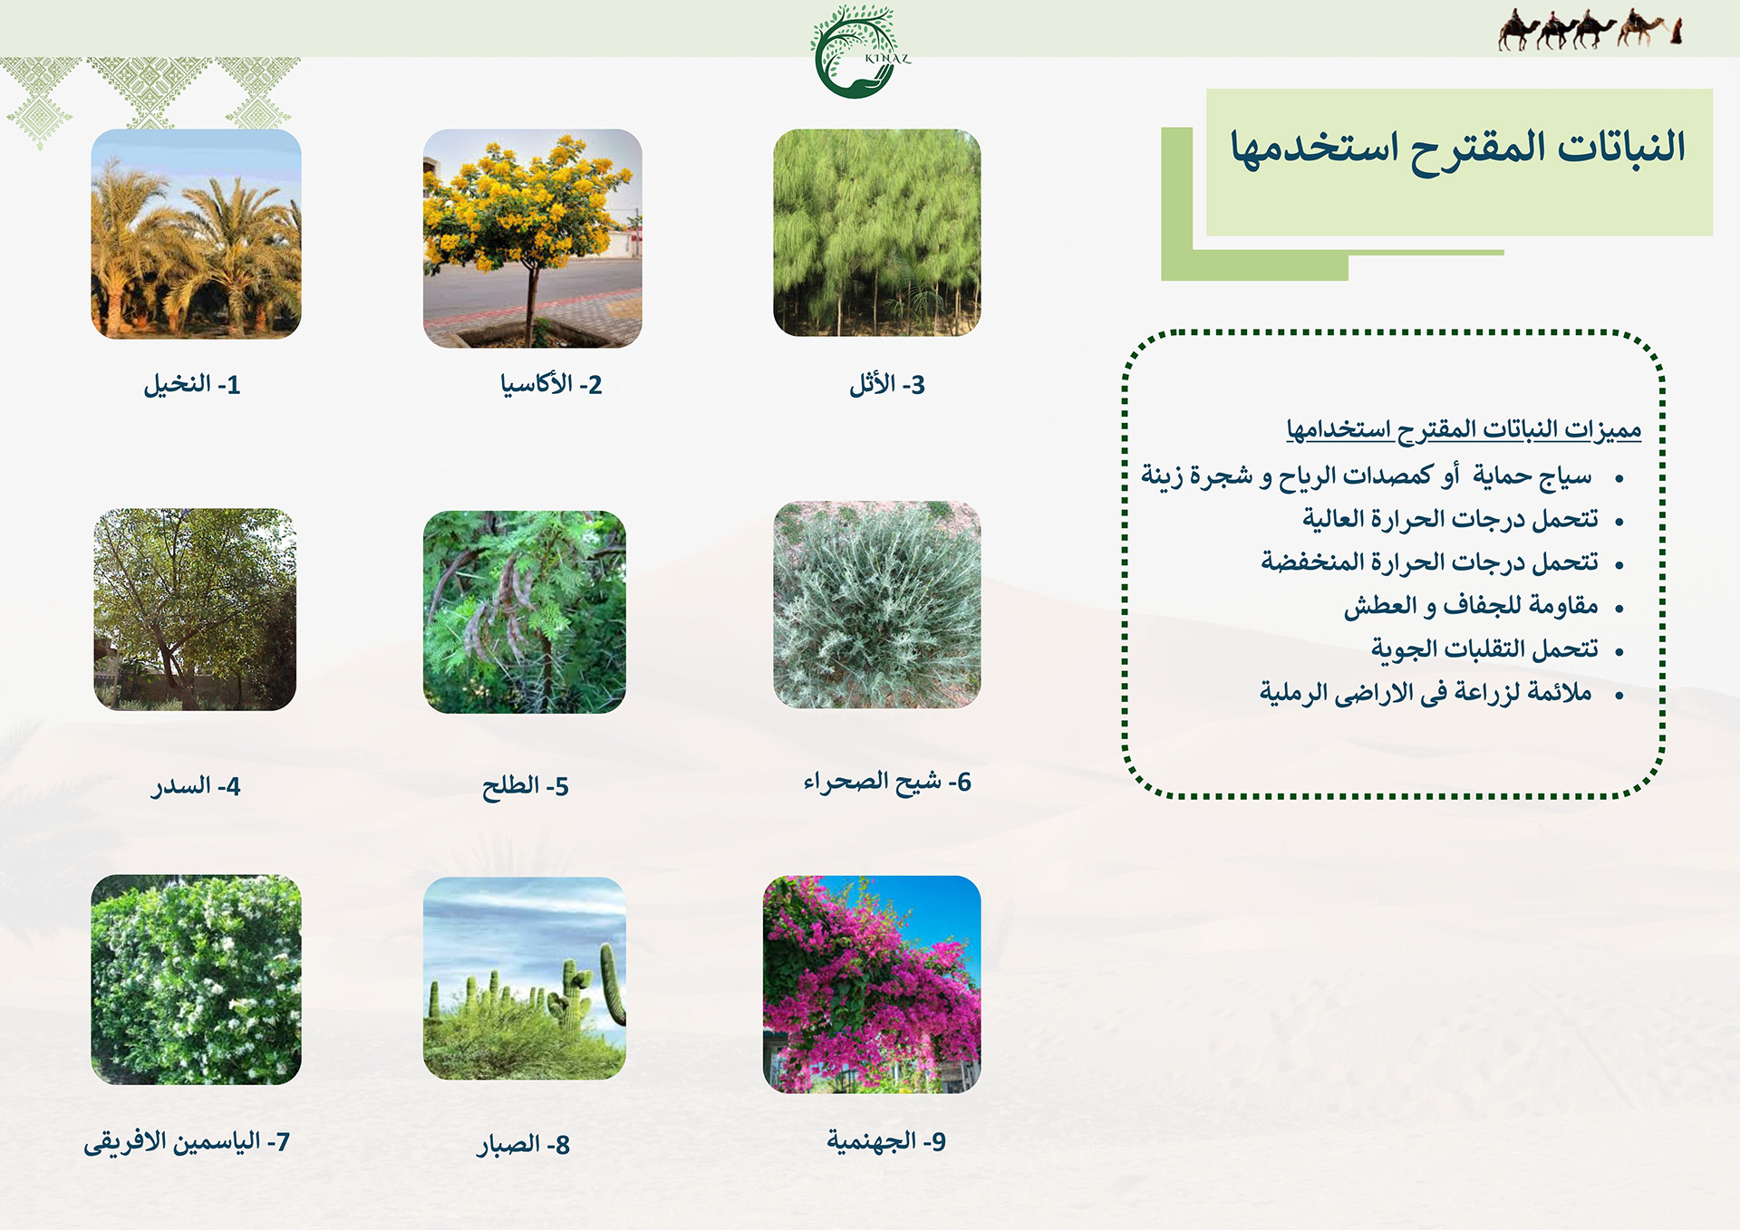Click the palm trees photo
pyautogui.click(x=196, y=234)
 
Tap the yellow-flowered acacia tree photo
pyautogui.click(x=532, y=238)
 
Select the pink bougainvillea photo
pyautogui.click(x=872, y=985)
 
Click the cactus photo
pyautogui.click(x=524, y=978)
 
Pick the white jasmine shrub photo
pyautogui.click(x=196, y=979)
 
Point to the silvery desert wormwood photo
pyautogui.click(x=876, y=604)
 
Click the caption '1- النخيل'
pyautogui.click(x=192, y=385)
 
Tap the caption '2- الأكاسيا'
pyautogui.click(x=551, y=385)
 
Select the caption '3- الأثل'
pyautogui.click(x=887, y=385)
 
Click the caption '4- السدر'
pyautogui.click(x=196, y=786)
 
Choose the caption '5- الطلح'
pyautogui.click(x=526, y=786)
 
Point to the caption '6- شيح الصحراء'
pyautogui.click(x=887, y=782)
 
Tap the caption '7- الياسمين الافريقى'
pyautogui.click(x=187, y=1142)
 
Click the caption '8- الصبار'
pyautogui.click(x=524, y=1145)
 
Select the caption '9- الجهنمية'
pyautogui.click(x=886, y=1141)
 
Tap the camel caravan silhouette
pyautogui.click(x=1590, y=29)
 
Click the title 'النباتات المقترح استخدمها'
pyautogui.click(x=1457, y=148)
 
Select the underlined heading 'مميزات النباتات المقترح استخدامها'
pyautogui.click(x=1464, y=429)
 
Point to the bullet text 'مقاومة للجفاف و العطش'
pyautogui.click(x=1471, y=605)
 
